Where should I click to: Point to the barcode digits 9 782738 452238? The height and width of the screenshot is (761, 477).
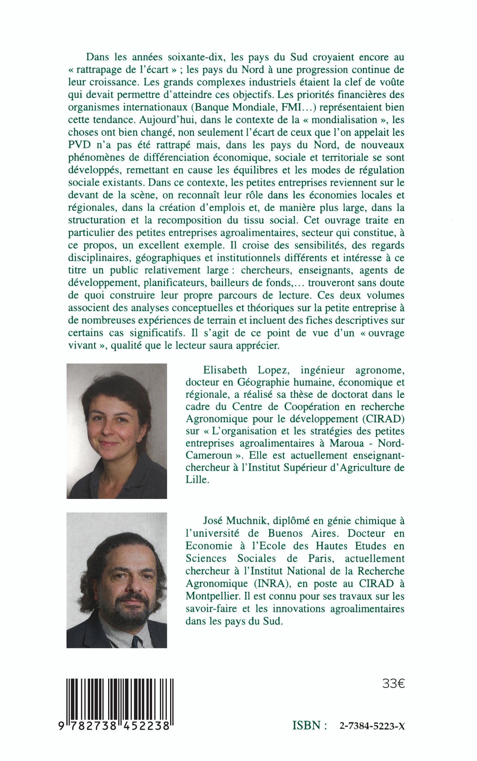114,726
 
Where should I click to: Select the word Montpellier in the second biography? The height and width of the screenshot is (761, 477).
213,596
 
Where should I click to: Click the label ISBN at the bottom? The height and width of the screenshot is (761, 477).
307,726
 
